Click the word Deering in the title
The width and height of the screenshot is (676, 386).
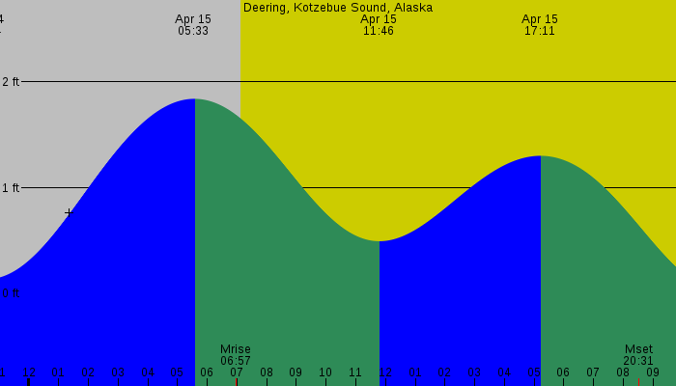coord(266,8)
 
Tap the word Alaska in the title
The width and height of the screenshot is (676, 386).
coord(412,8)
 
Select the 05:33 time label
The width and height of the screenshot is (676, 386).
coord(193,31)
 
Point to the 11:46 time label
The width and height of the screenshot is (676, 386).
coord(379,31)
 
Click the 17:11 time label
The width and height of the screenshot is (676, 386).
coord(540,31)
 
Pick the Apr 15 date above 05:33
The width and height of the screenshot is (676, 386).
coord(193,19)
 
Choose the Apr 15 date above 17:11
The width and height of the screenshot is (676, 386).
coord(540,19)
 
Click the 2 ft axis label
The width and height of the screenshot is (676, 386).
coord(11,82)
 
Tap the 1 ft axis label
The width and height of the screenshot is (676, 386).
coord(11,188)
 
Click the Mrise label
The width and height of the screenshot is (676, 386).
coord(236,349)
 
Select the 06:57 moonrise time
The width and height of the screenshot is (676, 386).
coord(236,361)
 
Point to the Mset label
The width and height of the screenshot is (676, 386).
coord(638,349)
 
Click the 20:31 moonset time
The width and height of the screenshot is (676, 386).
coord(638,361)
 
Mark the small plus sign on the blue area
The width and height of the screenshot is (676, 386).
coord(69,212)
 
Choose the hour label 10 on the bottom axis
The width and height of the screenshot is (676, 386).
coord(325,372)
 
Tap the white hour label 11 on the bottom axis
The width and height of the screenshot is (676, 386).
coord(355,372)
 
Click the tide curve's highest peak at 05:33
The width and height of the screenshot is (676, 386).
coord(195,99)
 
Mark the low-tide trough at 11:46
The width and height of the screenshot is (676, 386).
coord(380,241)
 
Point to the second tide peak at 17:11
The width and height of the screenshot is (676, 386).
coord(541,156)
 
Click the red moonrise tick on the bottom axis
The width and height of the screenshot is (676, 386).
coord(236,382)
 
